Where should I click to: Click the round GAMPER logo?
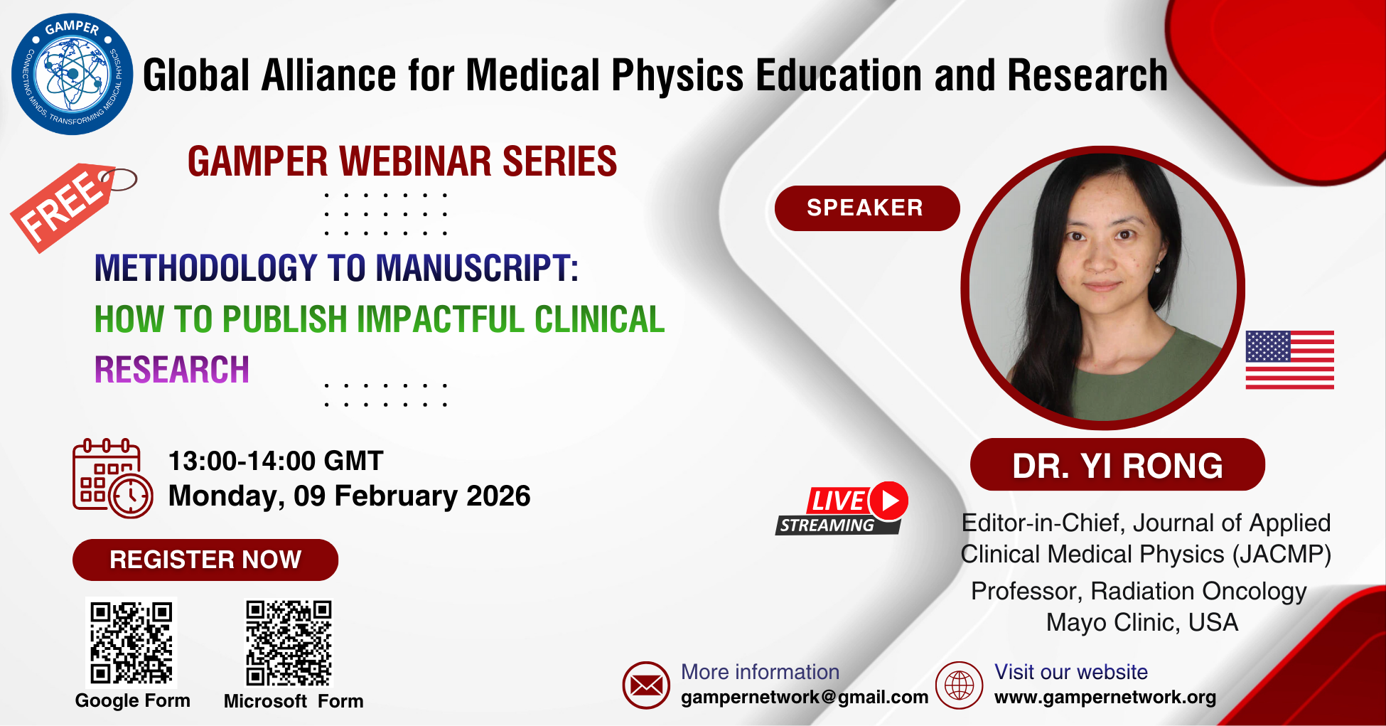tap(72, 74)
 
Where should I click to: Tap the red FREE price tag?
tap(68, 206)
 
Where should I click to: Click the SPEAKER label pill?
tap(867, 208)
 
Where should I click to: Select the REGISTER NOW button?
tap(205, 560)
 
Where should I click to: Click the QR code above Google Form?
tap(131, 642)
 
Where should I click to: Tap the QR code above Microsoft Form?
tap(289, 642)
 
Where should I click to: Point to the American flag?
tap(1289, 360)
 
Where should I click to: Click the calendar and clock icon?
tap(112, 479)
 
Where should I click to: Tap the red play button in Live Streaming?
tap(889, 501)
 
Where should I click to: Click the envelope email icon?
tap(646, 685)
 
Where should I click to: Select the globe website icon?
tap(959, 685)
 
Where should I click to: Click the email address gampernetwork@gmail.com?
tap(805, 698)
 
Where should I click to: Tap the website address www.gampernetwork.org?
tap(1105, 698)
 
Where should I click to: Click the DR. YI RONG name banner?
tap(1117, 465)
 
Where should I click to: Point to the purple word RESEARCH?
tap(172, 370)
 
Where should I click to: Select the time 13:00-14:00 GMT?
tap(276, 461)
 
